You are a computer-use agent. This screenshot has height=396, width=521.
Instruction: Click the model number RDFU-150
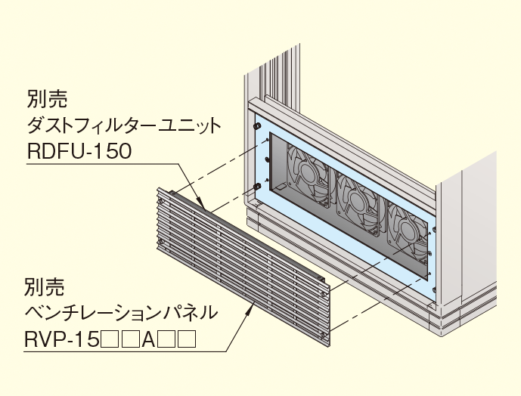click(79, 152)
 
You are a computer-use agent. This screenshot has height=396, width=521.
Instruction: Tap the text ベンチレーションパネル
click(121, 312)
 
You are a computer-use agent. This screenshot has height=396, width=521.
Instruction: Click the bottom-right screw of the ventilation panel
click(324, 335)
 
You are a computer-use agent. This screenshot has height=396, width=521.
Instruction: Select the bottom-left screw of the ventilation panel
click(160, 243)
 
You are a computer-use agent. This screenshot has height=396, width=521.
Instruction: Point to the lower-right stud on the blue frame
click(434, 291)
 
